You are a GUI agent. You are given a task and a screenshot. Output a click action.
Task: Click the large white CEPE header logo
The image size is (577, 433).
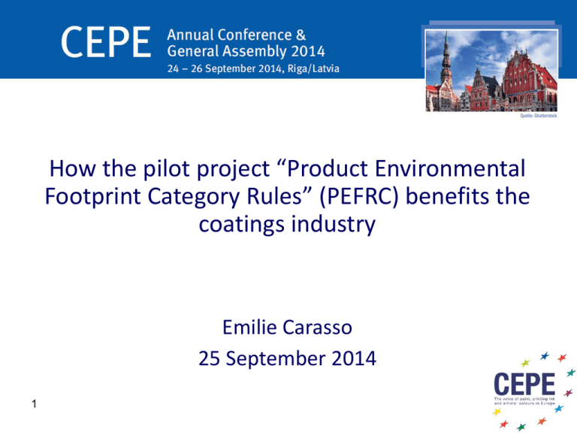point(106,42)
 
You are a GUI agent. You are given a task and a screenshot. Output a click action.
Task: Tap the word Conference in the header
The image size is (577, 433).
point(254,35)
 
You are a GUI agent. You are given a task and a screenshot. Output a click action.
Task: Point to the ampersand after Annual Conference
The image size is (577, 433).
point(301,35)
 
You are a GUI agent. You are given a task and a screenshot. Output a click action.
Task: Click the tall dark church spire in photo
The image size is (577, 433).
point(446,59)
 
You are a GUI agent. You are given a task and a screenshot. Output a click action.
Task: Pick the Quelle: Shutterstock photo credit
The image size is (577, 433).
point(539,116)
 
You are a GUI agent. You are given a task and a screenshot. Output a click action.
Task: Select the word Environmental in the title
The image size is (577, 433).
point(450,168)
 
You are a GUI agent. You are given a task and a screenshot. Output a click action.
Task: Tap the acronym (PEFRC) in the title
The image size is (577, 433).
point(359,196)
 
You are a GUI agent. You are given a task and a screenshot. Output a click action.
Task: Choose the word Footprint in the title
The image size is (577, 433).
point(92,197)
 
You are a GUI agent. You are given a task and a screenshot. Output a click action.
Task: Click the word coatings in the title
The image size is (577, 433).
point(242,225)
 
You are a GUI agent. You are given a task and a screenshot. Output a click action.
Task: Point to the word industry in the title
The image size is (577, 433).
point(334,225)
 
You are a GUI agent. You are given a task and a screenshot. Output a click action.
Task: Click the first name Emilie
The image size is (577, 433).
point(249,327)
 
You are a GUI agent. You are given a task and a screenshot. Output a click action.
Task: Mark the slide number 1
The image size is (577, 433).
point(35,404)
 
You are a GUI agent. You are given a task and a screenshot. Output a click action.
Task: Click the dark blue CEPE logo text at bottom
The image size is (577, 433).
point(524,383)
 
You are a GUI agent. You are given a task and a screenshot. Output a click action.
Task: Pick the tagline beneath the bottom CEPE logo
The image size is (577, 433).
point(524,401)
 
